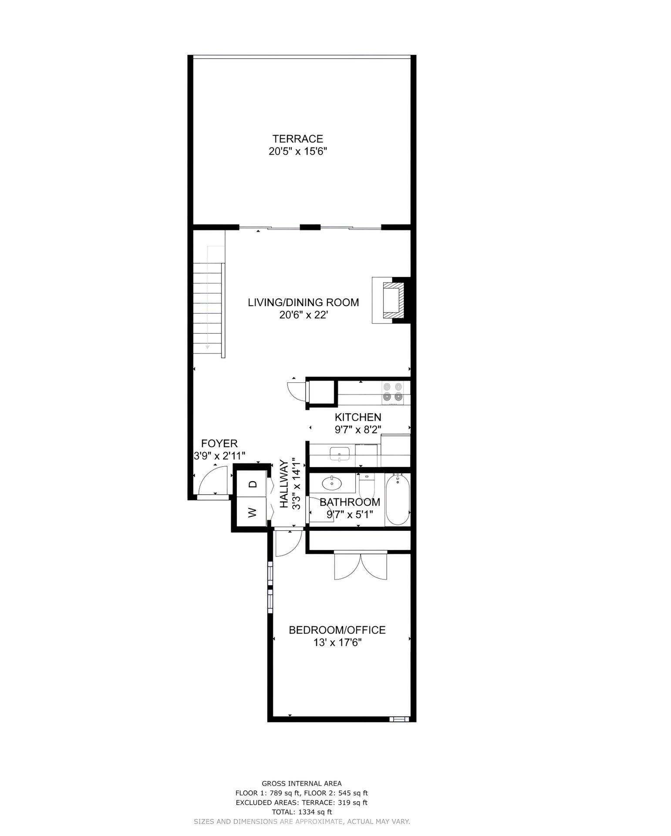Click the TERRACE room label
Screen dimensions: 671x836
coord(297,139)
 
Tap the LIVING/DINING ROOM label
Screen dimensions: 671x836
coord(303,302)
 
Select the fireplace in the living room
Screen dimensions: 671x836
coord(391,300)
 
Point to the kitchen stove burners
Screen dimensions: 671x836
coord(392,391)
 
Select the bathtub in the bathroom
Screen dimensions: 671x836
coord(398,500)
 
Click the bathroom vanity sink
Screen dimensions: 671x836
coord(332,483)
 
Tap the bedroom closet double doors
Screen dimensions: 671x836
coord(361,566)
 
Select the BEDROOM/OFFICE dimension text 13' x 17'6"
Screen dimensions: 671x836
coord(337,642)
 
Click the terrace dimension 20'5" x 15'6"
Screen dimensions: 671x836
coord(298,152)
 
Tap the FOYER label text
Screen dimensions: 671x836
coord(219,443)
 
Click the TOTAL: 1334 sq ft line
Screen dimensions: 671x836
coord(301,812)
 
